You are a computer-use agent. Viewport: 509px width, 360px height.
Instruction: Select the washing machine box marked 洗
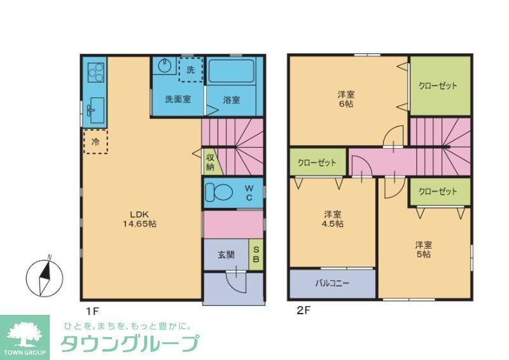pos(190,69)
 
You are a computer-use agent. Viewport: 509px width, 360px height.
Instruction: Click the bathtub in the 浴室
pos(231,72)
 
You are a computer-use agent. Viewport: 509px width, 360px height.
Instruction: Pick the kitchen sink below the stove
pos(95,111)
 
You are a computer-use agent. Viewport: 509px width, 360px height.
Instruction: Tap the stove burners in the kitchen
pos(95,73)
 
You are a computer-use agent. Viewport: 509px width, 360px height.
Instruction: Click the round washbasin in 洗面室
pos(165,66)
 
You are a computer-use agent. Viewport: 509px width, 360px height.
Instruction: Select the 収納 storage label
pos(210,162)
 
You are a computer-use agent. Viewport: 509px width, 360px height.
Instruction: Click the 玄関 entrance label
pos(227,255)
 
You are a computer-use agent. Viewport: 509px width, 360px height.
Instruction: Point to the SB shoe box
pos(256,254)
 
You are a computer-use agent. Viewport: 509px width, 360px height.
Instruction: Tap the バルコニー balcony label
pos(332,284)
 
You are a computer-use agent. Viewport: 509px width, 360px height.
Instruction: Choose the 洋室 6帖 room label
pos(346,99)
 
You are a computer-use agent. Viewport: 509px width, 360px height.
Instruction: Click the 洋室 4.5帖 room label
pos(332,219)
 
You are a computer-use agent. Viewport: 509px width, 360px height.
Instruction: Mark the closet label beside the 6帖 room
pos(438,86)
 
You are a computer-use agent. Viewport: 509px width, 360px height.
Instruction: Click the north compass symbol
pos(45,277)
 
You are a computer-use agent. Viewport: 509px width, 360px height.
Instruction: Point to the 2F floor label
pos(302,312)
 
